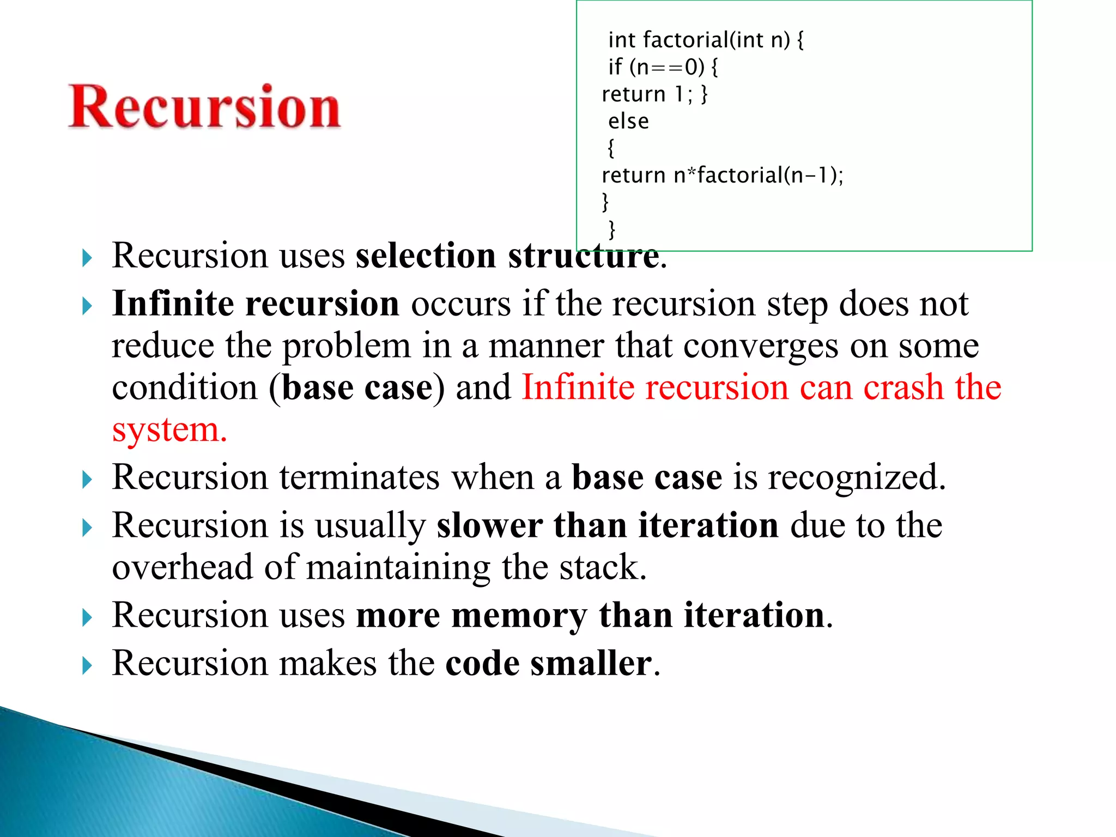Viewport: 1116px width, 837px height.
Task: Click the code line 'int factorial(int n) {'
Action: coord(706,40)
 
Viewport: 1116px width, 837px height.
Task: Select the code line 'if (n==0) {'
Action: coord(663,67)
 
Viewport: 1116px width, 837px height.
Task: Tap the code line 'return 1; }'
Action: coord(654,94)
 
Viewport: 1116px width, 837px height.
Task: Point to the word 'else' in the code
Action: coord(628,121)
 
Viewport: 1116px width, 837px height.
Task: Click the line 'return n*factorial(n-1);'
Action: coord(722,175)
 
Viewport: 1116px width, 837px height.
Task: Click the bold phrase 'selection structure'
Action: coord(507,256)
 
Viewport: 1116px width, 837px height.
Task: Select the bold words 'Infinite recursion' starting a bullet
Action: coord(256,304)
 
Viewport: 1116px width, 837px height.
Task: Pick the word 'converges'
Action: coord(760,346)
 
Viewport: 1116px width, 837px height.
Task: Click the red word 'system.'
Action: coord(169,430)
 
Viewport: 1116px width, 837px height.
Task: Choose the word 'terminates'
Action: coord(360,477)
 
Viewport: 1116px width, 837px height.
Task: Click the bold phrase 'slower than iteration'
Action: coord(607,525)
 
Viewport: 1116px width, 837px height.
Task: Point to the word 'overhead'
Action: coord(183,567)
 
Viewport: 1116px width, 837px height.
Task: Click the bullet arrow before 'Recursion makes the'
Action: coord(87,665)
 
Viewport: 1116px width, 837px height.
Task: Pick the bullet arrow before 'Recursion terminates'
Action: coord(87,480)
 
